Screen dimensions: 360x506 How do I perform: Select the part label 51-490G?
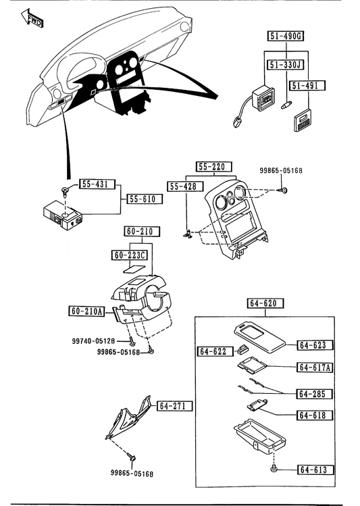point(286,36)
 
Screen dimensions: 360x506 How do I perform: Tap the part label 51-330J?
point(286,65)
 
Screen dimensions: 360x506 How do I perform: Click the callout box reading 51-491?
point(307,86)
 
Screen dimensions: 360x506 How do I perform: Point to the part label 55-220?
point(214,167)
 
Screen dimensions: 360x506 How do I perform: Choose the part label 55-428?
point(186,186)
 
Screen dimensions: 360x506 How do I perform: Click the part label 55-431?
point(97,184)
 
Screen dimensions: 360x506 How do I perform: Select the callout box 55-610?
point(145,199)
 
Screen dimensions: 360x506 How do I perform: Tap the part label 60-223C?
point(130,255)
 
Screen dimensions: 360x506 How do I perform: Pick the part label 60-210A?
point(86,311)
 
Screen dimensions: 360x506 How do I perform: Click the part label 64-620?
point(266,303)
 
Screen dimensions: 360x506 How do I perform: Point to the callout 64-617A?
point(315,368)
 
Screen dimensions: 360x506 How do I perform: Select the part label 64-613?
point(315,470)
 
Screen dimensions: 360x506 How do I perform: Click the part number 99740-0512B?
point(93,340)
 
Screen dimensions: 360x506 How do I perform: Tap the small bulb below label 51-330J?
point(286,105)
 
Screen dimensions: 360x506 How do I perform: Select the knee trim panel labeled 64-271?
point(128,417)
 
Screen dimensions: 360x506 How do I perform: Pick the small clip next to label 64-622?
point(242,349)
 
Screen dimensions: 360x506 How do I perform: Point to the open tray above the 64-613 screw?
point(260,436)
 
